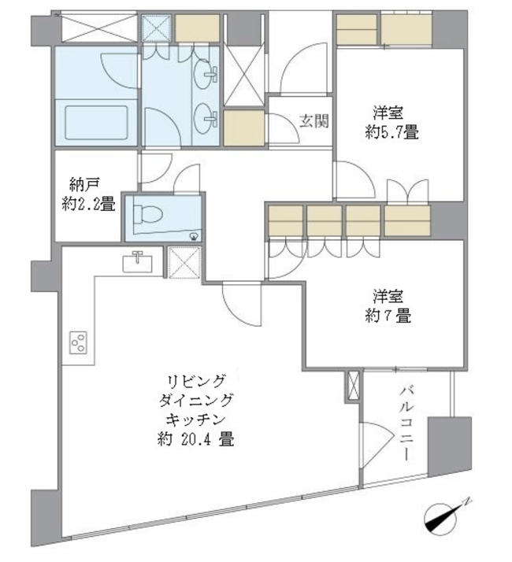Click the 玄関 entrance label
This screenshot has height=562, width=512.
click(314, 121)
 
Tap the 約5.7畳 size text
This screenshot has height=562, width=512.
click(391, 133)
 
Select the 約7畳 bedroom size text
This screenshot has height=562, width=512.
click(388, 316)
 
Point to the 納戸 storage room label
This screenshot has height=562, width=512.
click(84, 185)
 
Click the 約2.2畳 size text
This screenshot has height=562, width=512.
click(88, 205)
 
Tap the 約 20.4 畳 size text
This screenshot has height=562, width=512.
click(195, 439)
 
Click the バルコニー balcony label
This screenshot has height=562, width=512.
click(406, 423)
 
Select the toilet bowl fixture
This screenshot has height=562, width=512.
click(147, 215)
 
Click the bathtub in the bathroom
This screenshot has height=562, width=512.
click(97, 123)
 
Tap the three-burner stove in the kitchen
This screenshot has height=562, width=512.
click(79, 342)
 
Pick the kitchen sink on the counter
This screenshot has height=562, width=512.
click(137, 261)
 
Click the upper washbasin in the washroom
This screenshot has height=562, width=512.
click(206, 73)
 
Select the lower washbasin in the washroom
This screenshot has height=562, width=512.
click(206, 116)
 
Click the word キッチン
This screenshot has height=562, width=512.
click(195, 419)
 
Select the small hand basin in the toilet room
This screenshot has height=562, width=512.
click(194, 236)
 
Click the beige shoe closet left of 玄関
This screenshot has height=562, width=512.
click(244, 128)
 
